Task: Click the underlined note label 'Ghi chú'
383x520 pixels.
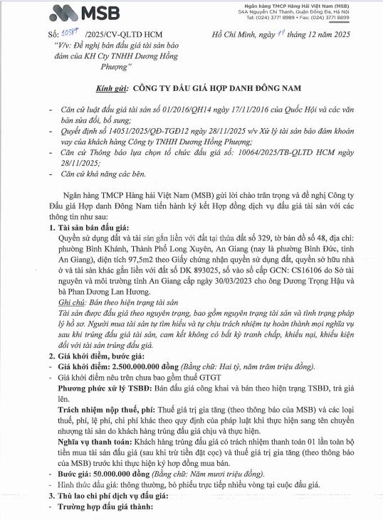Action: (71, 283)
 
